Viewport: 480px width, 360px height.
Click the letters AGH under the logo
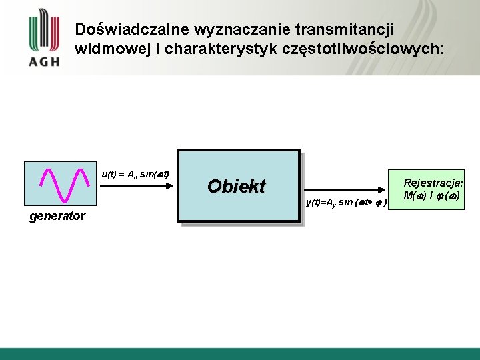(x=44, y=61)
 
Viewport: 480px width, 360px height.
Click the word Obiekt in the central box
(x=236, y=186)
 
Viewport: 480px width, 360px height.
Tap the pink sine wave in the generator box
(x=65, y=184)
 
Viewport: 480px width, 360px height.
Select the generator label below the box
(x=57, y=216)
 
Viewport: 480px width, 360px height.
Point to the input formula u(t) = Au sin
(x=135, y=175)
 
